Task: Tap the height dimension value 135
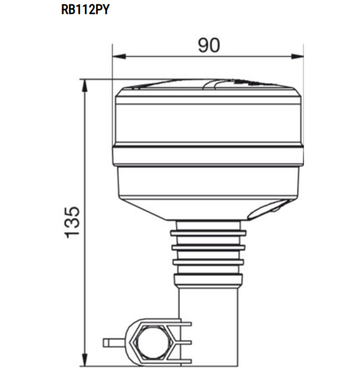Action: click(x=72, y=221)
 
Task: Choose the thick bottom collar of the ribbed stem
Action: click(x=208, y=280)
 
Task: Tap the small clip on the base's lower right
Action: click(x=267, y=209)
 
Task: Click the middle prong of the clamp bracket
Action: click(x=182, y=343)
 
